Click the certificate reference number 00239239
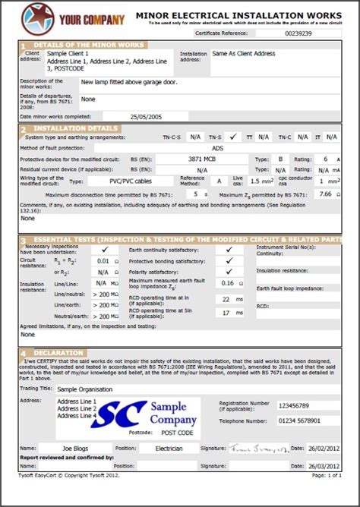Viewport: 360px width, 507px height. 298,33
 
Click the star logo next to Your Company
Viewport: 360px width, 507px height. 33,14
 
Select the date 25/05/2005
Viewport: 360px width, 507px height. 146,116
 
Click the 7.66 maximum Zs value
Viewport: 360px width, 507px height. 324,194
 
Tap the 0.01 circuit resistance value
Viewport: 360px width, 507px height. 103,260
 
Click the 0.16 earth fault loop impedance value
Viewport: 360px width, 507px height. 227,282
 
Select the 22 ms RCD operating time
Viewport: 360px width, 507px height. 227,299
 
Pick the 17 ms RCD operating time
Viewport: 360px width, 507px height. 227,312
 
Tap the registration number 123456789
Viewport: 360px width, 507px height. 293,405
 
